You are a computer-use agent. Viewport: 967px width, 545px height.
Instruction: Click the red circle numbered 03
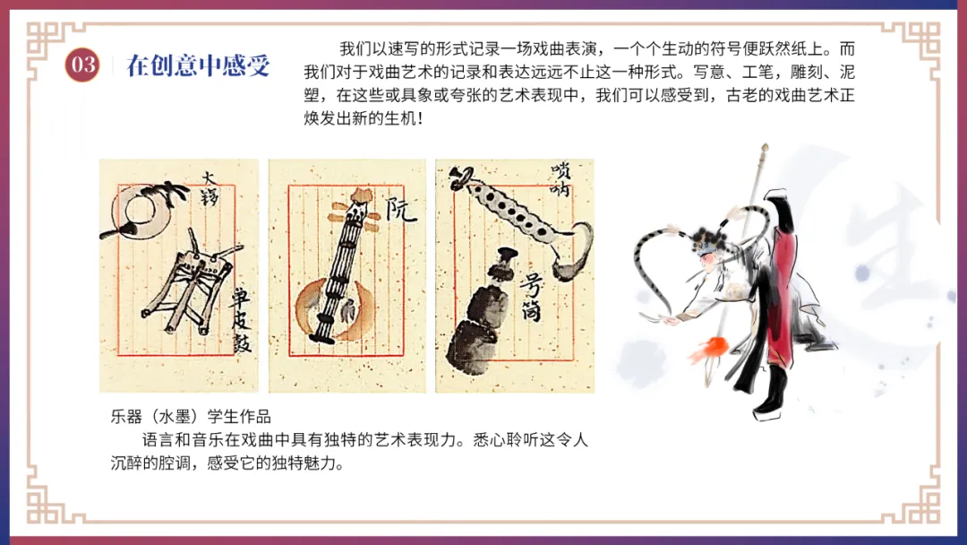[x=82, y=65]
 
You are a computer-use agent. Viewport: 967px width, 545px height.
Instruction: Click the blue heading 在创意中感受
[x=198, y=65]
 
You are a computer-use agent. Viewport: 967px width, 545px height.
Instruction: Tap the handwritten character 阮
[x=401, y=210]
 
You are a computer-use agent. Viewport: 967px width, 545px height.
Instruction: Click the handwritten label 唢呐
[x=560, y=179]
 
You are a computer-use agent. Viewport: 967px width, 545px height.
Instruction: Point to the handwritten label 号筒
[x=531, y=298]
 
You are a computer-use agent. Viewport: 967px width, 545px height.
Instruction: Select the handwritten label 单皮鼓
[x=241, y=320]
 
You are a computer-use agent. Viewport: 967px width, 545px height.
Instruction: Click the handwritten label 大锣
[x=209, y=189]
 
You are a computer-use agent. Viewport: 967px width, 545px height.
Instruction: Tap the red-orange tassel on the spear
[x=708, y=350]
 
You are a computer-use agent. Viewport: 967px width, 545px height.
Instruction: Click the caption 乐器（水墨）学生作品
[x=191, y=417]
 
